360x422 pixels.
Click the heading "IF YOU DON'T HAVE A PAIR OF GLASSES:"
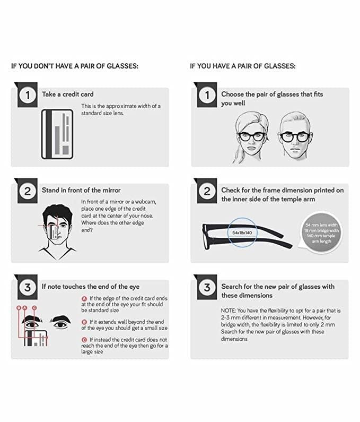(75, 66)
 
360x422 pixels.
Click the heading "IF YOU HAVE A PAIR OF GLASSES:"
(242, 66)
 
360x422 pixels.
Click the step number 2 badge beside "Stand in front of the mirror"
(26, 192)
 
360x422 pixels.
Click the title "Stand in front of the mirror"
(81, 190)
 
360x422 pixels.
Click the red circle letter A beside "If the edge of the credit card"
(84, 299)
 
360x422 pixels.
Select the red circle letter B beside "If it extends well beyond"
(84, 322)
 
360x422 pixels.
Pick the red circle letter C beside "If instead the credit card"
(84, 339)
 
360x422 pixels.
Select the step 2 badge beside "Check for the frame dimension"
(207, 192)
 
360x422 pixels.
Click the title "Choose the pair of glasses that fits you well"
(271, 99)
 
